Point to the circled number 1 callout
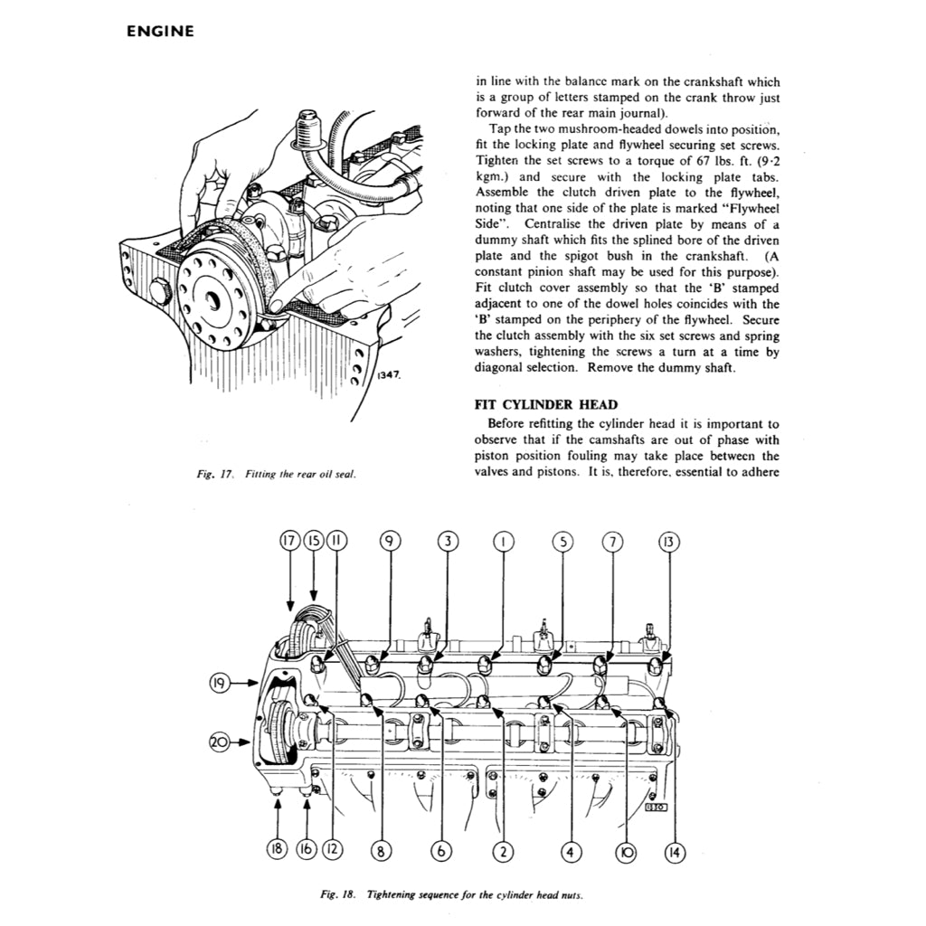tap(503, 542)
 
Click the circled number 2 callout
tap(503, 850)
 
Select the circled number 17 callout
tap(288, 542)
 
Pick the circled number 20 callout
tap(218, 742)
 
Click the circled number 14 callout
tap(674, 850)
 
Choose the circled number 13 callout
tap(668, 542)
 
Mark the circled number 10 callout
tap(624, 850)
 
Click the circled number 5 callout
tap(562, 542)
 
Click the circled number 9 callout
tap(389, 542)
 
